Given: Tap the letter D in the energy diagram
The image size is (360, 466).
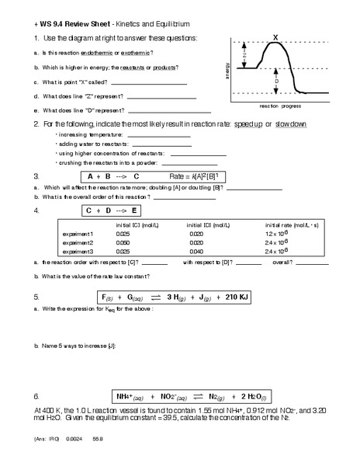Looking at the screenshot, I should pyautogui.click(x=277, y=80).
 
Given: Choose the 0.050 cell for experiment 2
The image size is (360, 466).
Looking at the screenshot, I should pyautogui.click(x=123, y=242).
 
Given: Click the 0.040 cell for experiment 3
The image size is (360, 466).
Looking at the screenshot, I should pyautogui.click(x=196, y=252).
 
